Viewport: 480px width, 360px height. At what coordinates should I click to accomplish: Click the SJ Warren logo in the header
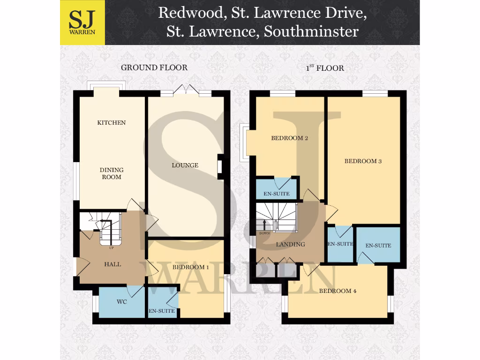tap(82, 22)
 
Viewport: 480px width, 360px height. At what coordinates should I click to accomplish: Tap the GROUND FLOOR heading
tap(154, 67)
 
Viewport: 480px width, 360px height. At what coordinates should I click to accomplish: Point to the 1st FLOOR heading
tap(325, 68)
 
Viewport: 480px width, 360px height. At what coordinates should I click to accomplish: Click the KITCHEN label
tap(112, 123)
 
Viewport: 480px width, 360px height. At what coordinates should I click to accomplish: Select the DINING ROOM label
tap(112, 173)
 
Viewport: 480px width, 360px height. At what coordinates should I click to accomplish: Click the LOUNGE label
tap(185, 165)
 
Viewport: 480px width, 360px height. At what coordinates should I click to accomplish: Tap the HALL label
tap(112, 264)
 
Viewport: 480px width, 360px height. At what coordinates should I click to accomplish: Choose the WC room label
tap(122, 302)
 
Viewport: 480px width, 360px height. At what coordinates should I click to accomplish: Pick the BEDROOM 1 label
tap(190, 268)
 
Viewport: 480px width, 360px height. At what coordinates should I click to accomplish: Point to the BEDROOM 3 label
tap(363, 161)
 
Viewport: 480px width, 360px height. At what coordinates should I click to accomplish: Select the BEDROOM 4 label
tap(337, 291)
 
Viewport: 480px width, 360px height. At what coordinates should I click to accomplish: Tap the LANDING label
tap(291, 244)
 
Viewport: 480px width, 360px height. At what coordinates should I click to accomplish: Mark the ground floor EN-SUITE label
tap(162, 311)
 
